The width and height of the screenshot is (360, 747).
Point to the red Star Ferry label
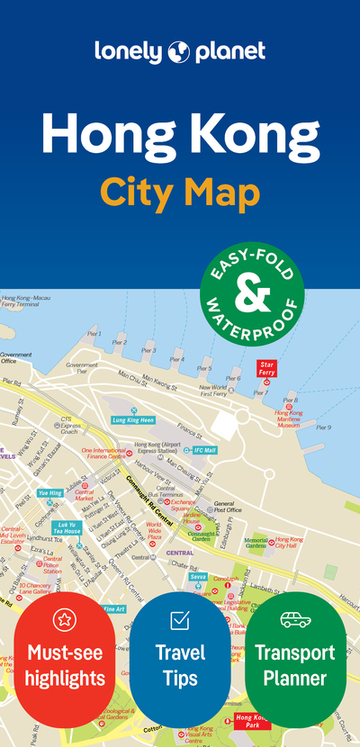pyautogui.click(x=266, y=367)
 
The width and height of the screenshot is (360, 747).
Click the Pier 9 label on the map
pyautogui.click(x=323, y=427)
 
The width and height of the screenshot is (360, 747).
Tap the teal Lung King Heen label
pyautogui.click(x=132, y=419)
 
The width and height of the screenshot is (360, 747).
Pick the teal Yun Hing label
pyautogui.click(x=49, y=493)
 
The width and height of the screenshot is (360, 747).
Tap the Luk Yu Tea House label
pyautogui.click(x=67, y=527)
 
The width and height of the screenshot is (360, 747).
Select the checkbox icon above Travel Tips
pyautogui.click(x=180, y=619)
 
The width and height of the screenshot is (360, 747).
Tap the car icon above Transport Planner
pyautogui.click(x=295, y=619)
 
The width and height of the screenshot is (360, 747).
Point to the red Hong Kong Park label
pyautogui.click(x=253, y=721)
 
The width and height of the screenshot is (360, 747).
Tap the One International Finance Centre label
pyautogui.click(x=106, y=454)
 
